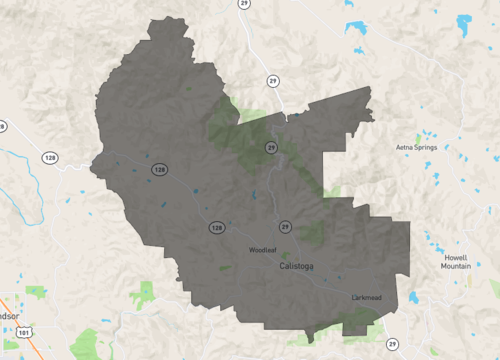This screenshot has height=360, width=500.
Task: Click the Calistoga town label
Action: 297,266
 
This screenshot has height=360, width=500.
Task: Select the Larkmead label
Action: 367,298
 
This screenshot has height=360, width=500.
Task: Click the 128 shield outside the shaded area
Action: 50,157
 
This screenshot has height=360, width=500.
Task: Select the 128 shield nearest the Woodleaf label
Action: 216,228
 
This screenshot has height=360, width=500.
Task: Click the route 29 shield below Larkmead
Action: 393,343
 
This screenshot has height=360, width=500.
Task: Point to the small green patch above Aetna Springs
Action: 419,136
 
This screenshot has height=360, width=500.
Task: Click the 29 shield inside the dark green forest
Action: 271,147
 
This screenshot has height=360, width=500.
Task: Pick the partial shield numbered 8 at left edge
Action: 2,127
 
